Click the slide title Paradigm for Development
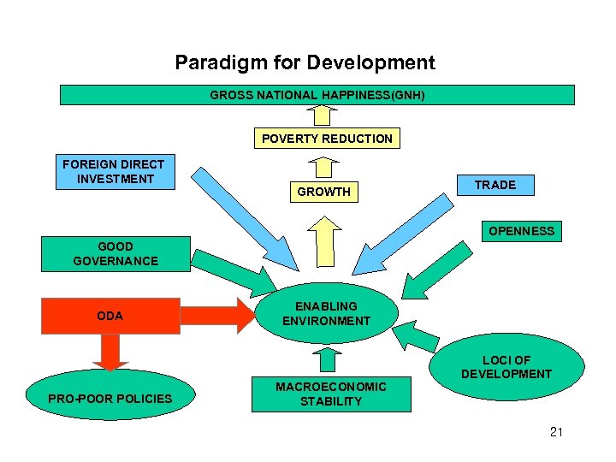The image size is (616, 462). point(305,62)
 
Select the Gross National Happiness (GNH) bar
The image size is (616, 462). point(317,95)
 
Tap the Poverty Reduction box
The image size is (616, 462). point(327,139)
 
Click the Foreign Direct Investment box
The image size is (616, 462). point(114,172)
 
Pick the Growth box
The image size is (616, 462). point(323,192)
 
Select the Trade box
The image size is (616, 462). point(495,185)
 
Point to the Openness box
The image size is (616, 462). point(521,231)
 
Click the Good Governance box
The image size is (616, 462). point(115,254)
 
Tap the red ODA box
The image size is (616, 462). point(110,316)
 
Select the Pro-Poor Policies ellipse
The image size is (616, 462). point(110,399)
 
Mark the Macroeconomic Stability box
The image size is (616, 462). point(330,394)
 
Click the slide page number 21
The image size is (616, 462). point(556,432)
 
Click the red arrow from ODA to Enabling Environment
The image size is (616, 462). point(218,315)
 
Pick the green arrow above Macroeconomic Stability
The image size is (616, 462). point(325,359)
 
